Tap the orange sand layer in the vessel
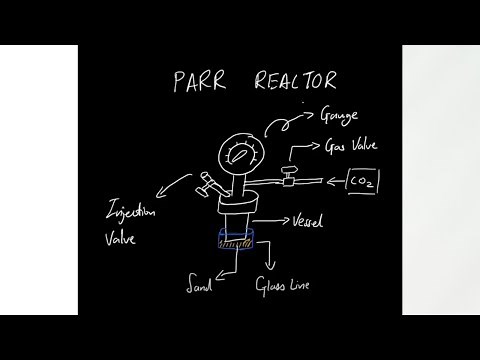click(236, 242)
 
